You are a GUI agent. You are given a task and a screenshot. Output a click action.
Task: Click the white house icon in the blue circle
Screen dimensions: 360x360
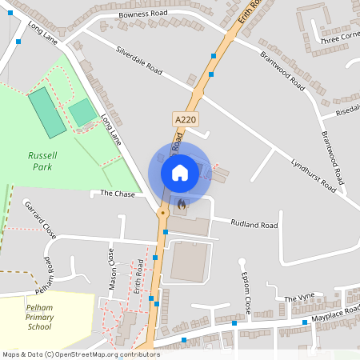point(179,172)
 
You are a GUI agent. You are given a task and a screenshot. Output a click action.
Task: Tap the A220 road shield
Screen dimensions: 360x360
point(185,119)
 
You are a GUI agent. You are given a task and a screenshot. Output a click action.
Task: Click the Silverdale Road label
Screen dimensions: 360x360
point(139,60)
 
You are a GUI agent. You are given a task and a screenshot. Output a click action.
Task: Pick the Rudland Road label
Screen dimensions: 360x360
point(254,224)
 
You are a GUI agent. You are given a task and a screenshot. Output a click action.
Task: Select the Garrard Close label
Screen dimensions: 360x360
point(42,220)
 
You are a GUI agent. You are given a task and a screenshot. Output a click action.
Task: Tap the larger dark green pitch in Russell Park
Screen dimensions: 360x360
point(48,112)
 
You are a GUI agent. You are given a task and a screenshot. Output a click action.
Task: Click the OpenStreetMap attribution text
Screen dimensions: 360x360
point(81,354)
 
